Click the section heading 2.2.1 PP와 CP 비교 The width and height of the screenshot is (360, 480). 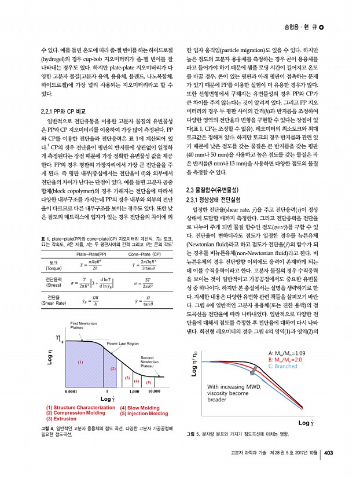[61, 110]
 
